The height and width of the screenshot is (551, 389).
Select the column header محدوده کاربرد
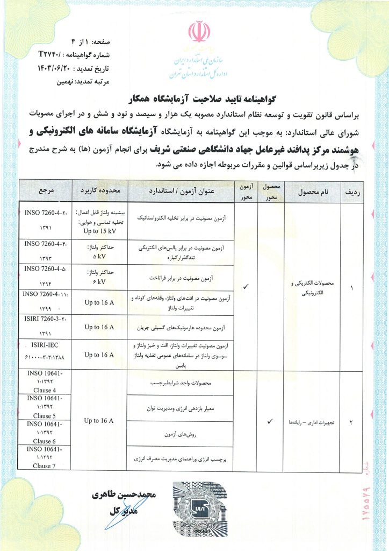click(99, 190)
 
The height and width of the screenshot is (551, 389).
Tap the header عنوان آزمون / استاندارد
click(182, 190)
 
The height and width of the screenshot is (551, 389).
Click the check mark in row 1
click(246, 287)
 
